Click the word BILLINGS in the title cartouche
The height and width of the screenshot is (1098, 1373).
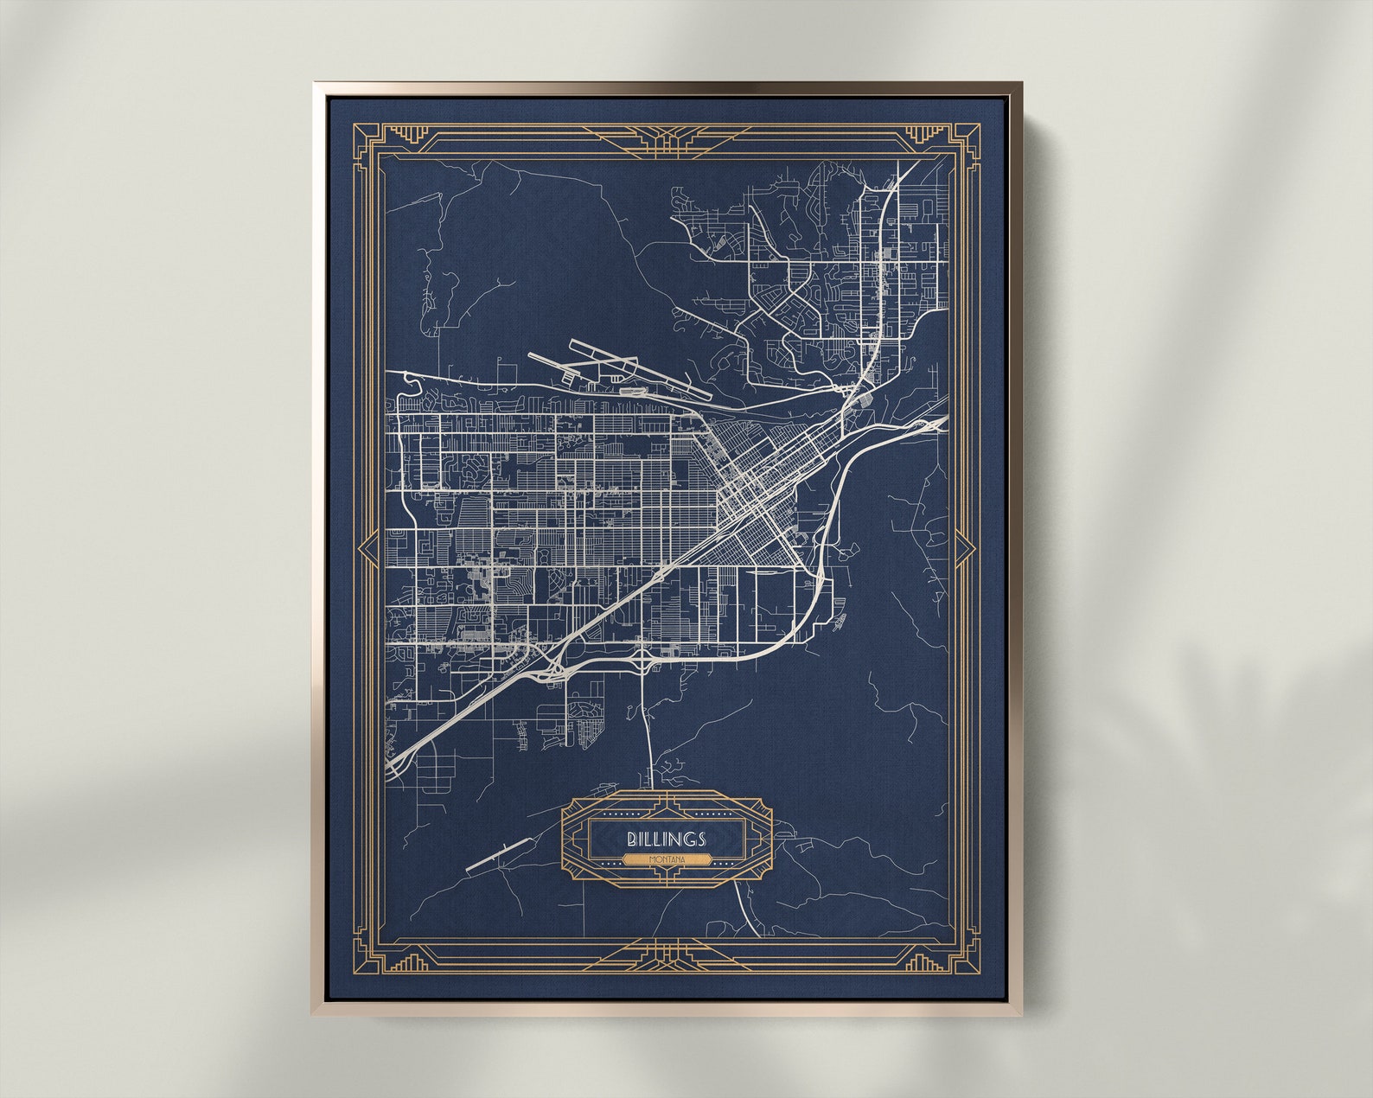coord(667,839)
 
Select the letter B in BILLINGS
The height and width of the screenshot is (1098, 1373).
coord(632,839)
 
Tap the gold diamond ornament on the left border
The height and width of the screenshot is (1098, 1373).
coord(367,549)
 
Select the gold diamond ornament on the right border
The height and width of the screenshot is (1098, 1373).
coord(963,549)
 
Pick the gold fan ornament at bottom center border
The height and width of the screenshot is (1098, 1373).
coord(666,955)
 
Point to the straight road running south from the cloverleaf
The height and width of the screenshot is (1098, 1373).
coord(647,726)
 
